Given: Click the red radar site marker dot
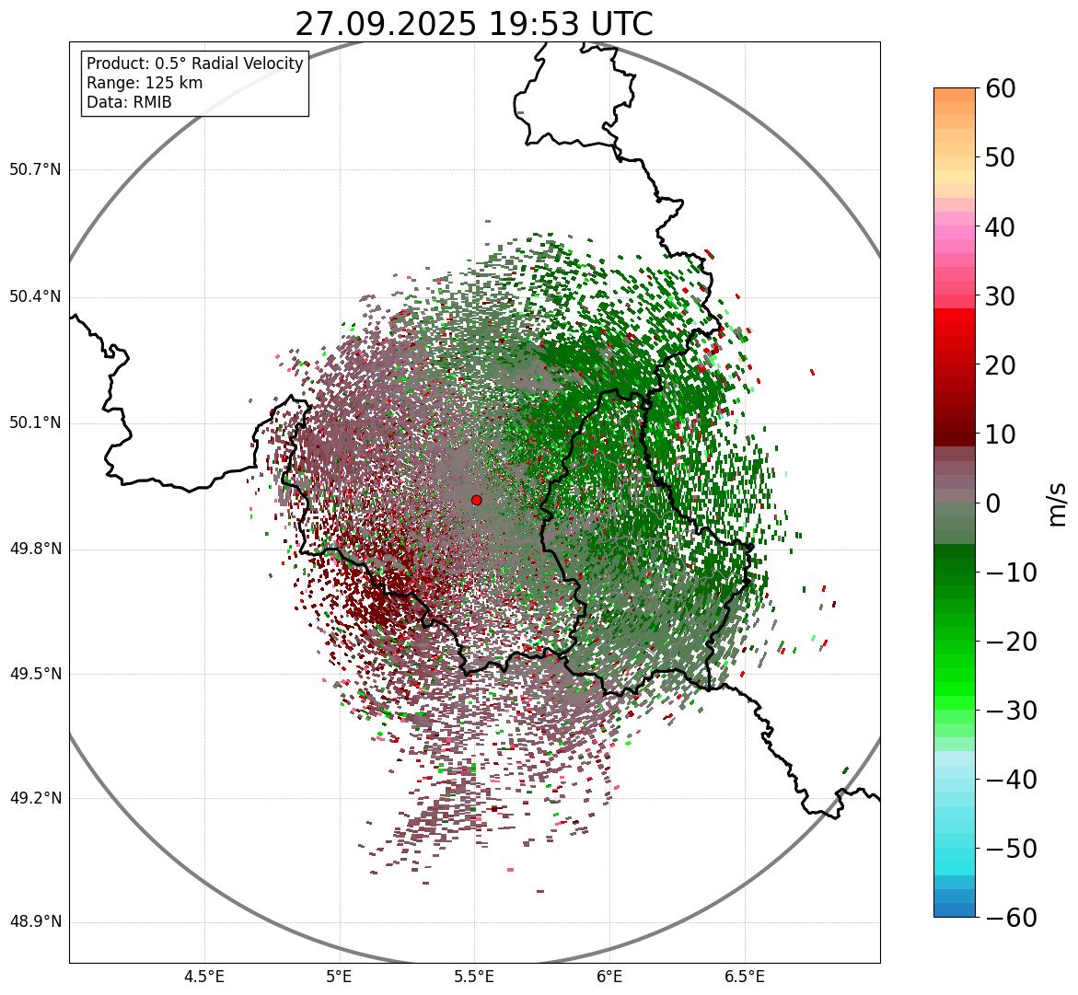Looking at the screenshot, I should pos(476,500).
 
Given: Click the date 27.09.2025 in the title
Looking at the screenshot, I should pos(386,24).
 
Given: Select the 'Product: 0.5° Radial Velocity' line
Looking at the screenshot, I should pos(194,64).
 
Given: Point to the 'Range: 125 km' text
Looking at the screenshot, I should pos(145,83).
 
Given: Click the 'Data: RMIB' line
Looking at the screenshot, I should pos(129,102).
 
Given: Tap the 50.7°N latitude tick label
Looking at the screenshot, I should pos(35,170).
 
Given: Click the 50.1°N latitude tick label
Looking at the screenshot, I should pos(35,423).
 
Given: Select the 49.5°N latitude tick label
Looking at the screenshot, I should pos(35,675).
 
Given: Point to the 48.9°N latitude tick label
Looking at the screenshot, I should pos(35,922).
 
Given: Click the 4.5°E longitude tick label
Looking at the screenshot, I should pos(204,977).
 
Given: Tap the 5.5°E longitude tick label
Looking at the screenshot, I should pos(474,977).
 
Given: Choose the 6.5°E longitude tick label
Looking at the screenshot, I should pos(744,977).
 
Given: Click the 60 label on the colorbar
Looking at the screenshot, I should pos(1001,88).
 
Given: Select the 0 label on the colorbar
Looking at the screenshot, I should pos(993,503).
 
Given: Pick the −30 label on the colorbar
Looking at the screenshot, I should pos(1011,711).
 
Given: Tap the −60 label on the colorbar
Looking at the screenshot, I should pos(1011,918).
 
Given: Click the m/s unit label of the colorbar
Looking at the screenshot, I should pos(1059,503).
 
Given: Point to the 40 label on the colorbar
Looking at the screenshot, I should pos(1001,226).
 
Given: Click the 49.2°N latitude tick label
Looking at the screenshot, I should pos(35,798).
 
